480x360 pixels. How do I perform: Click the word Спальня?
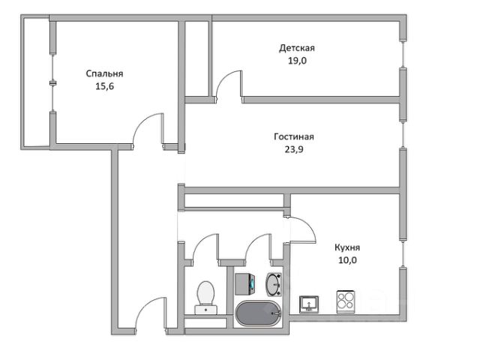pos(104,73)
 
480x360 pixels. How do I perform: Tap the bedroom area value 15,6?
pos(104,86)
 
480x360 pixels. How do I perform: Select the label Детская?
pos(297,48)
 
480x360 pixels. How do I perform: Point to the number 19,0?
pos(297,61)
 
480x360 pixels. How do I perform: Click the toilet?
pos(205,296)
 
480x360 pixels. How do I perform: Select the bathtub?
pos(258,314)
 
